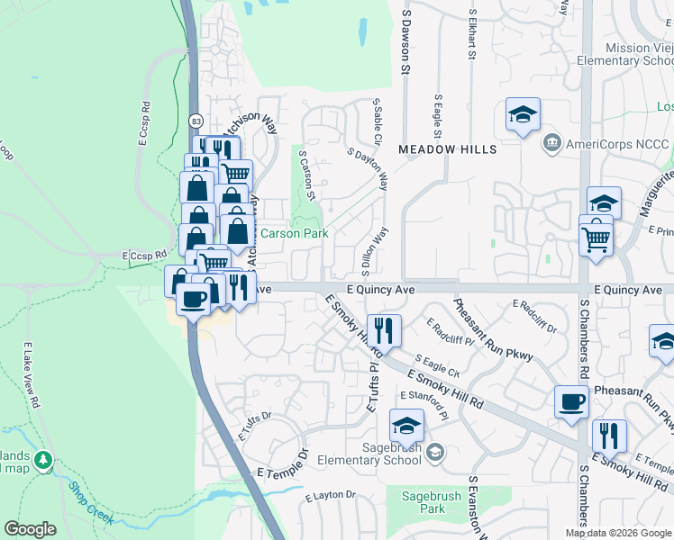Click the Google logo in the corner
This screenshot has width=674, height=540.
pos(30,529)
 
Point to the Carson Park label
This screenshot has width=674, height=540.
pos(294,232)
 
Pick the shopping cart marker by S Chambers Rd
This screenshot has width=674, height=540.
pos(596,239)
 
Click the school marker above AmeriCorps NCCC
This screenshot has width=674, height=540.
pos(523,115)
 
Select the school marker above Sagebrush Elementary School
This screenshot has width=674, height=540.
pos(406,424)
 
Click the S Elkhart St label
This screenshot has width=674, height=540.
pos(471,35)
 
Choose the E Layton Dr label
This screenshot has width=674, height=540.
pos(331,495)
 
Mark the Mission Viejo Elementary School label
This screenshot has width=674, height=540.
pos(628,54)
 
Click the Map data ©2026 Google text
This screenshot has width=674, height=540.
pos(616,533)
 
